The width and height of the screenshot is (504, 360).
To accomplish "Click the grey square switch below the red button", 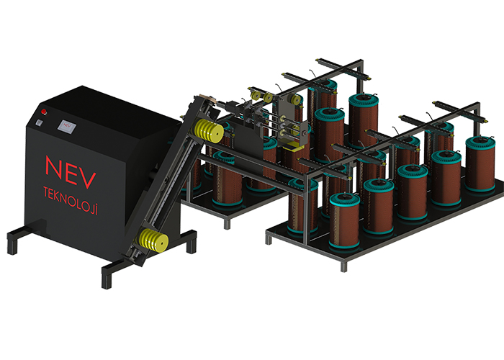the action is click(39, 122).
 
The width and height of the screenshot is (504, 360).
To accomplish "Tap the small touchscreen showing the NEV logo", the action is click(67, 126).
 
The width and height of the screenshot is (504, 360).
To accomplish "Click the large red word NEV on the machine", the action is click(71, 171).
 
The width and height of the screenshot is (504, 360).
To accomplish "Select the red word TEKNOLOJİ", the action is click(71, 200).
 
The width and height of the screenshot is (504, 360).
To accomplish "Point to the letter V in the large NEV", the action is click(86, 179).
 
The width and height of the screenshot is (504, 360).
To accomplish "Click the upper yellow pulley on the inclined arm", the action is click(209, 132).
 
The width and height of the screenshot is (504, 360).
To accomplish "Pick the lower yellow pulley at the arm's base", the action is click(153, 240).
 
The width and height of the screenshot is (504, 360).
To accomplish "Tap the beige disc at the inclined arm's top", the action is click(206, 97).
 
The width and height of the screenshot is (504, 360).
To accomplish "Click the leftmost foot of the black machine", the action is click(12, 243).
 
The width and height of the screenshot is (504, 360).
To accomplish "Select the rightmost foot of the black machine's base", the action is click(192, 241).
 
